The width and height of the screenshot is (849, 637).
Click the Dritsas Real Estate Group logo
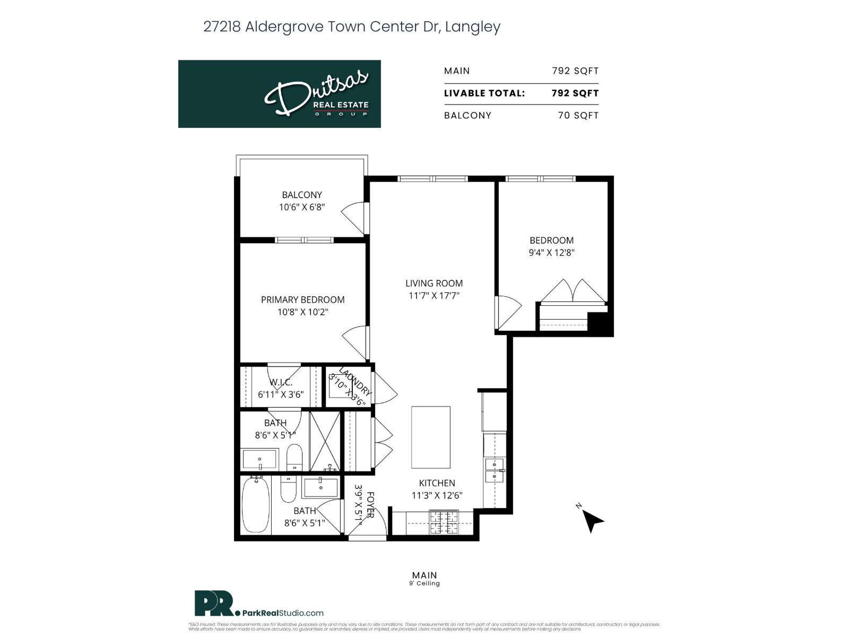pos(279,94)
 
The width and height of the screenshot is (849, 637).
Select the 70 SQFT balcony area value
pos(578,116)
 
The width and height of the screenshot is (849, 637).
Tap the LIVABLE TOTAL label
pos(484,93)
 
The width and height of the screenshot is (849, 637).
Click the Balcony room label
pos(302,195)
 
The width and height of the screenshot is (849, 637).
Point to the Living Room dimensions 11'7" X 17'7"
pos(434,296)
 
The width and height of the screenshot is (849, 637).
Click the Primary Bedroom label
pos(302,300)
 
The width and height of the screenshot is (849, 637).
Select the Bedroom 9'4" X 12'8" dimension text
pos(551,253)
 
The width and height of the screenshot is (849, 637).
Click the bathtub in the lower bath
pos(256,505)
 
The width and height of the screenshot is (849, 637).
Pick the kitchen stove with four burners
pos(444,522)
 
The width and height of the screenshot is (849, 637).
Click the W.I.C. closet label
pos(281,383)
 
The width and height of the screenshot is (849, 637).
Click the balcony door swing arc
pos(352,218)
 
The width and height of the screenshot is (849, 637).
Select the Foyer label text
pos(370,505)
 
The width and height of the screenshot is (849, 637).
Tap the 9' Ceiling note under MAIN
pos(424,583)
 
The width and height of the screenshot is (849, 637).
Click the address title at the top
pos(352,27)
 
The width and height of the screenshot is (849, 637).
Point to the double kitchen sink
pos(495,470)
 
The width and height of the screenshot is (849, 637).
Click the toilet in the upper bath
pos(294,457)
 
